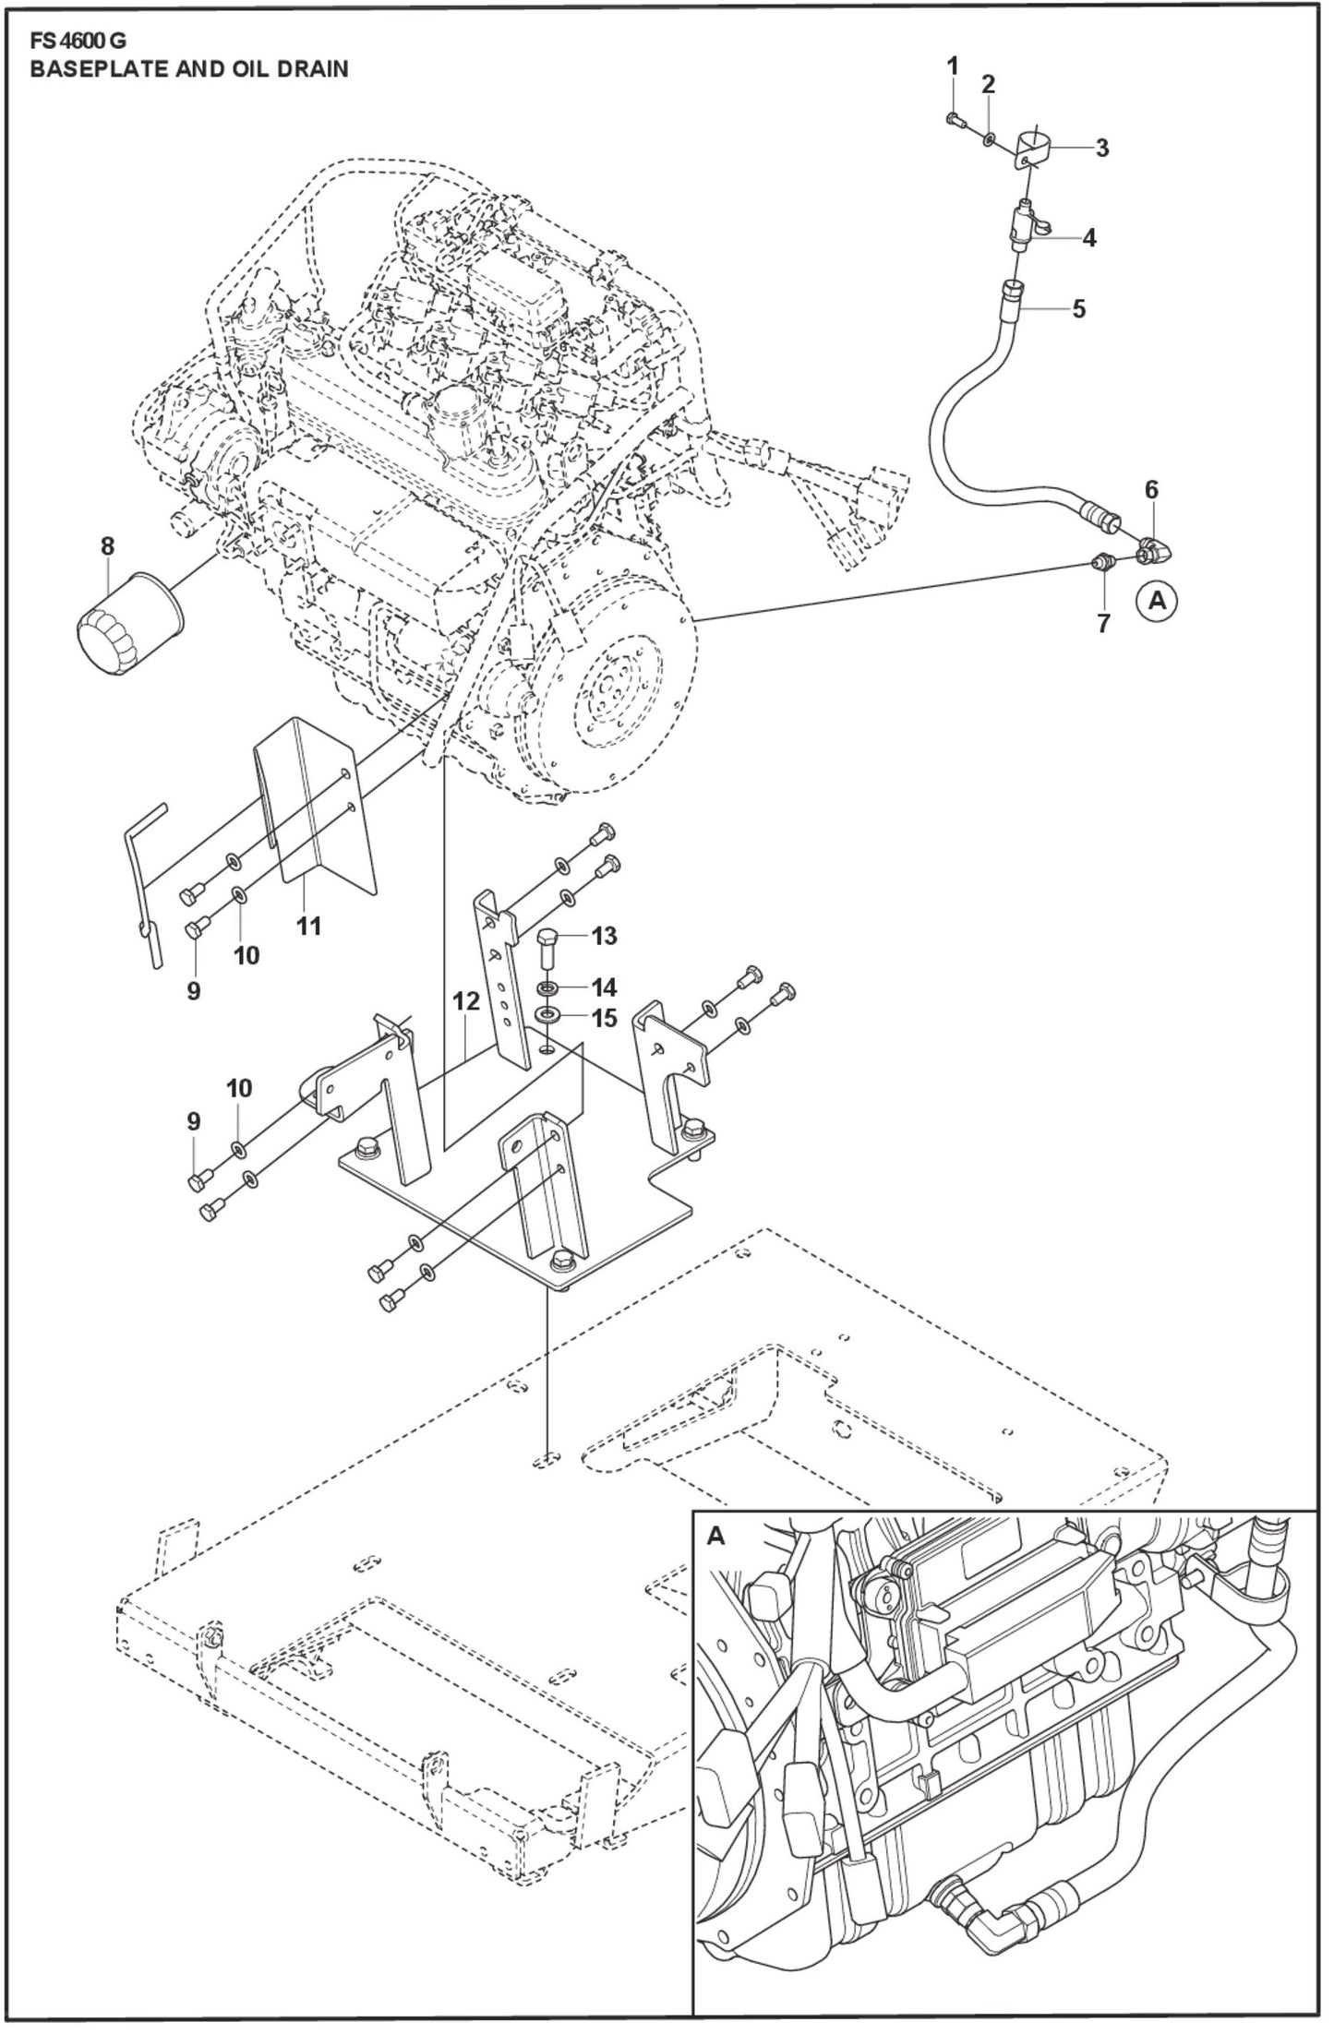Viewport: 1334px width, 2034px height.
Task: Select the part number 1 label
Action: coord(953,66)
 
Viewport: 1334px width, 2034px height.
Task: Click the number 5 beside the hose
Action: coord(1078,308)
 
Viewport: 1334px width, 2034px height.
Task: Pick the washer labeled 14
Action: coord(548,989)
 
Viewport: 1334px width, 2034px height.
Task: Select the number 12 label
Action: coord(466,1000)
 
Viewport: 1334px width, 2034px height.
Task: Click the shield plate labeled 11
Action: coord(318,812)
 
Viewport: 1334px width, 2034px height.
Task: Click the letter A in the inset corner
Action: coord(715,1537)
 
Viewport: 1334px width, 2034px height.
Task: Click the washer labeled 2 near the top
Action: coord(989,138)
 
